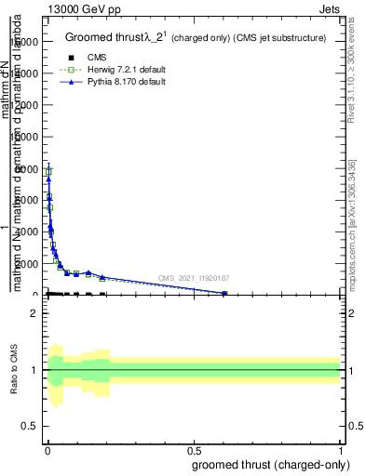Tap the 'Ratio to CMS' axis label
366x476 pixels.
(14, 371)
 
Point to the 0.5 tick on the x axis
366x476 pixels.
(194, 448)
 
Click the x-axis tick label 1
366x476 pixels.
(340, 448)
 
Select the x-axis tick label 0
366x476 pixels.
(47, 448)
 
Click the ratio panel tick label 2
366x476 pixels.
(34, 313)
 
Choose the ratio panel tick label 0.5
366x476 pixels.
(30, 428)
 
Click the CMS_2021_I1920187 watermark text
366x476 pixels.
(193, 278)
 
